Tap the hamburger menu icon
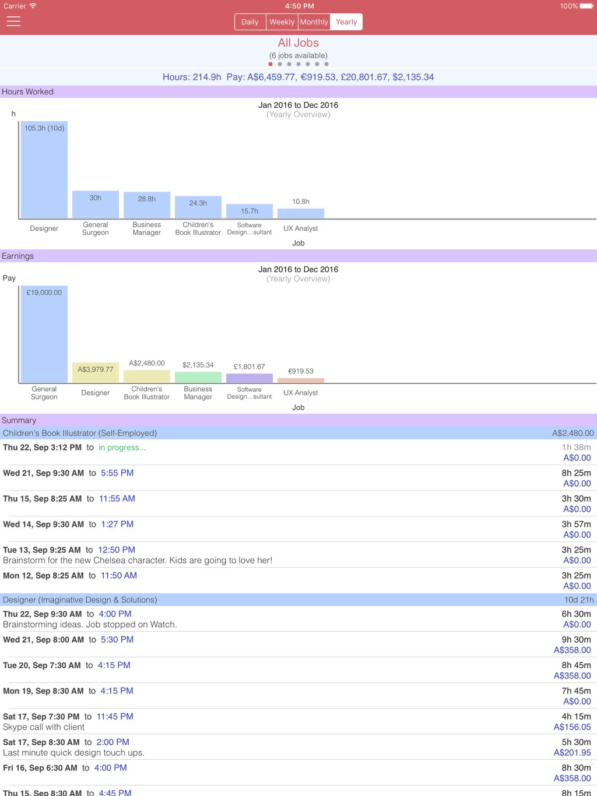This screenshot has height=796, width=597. click(x=13, y=22)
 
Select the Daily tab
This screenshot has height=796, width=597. click(x=250, y=22)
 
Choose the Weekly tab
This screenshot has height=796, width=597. click(x=282, y=22)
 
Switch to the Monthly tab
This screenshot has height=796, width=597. click(x=314, y=22)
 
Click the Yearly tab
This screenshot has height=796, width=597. click(x=346, y=22)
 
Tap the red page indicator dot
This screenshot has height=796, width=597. click(x=271, y=64)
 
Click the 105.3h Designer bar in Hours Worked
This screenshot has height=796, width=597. click(x=44, y=170)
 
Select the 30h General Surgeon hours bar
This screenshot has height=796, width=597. click(x=96, y=204)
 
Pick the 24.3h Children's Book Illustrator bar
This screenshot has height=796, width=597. click(x=198, y=207)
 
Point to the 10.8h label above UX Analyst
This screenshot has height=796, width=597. click(x=301, y=202)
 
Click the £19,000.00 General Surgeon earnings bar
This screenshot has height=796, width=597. click(x=44, y=334)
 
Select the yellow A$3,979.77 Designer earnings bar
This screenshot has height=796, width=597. click(x=96, y=372)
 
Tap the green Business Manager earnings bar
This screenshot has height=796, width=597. click(x=198, y=377)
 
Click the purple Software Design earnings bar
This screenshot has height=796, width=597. click(x=249, y=378)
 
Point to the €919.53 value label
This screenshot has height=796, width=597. click(x=301, y=371)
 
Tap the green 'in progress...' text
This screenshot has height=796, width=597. click(x=122, y=448)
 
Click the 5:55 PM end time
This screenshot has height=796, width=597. click(x=117, y=473)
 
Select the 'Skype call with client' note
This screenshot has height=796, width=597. click(x=44, y=727)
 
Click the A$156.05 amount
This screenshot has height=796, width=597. click(x=572, y=727)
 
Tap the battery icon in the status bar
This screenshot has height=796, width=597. click(x=587, y=6)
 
